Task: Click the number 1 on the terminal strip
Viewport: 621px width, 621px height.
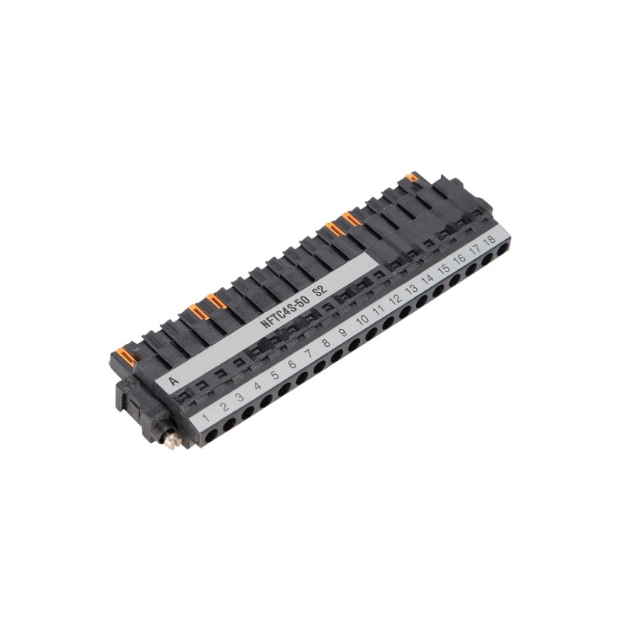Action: (x=206, y=418)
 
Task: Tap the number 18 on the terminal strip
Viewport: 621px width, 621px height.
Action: (x=490, y=240)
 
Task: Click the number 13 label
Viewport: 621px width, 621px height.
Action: (x=412, y=289)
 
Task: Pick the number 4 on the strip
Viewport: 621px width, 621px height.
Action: (x=258, y=385)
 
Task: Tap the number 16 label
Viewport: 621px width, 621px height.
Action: (x=460, y=259)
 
